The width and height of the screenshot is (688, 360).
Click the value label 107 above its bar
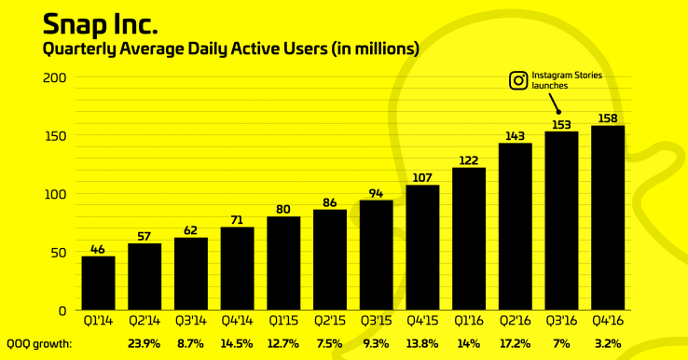[x=422, y=177]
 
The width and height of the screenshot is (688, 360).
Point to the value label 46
[x=98, y=248]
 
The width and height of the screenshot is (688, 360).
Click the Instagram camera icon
[x=517, y=80]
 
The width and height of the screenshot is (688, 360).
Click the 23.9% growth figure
[x=144, y=343]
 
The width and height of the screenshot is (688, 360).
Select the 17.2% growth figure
[x=516, y=343]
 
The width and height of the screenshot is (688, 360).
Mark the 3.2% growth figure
[x=608, y=343]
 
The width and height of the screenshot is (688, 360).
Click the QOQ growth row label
[x=39, y=343]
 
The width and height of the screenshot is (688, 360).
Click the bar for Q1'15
[x=283, y=263]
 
